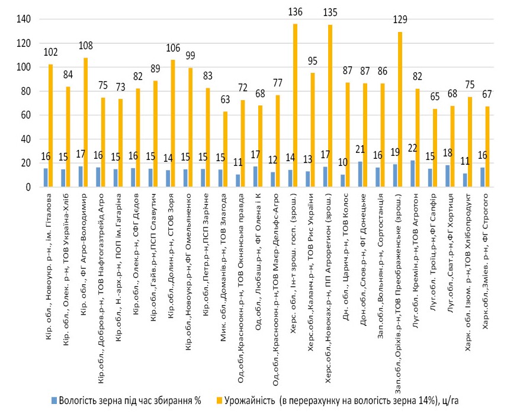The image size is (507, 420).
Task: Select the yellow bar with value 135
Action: pyautogui.click(x=329, y=106)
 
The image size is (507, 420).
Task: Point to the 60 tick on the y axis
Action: pyautogui.click(x=25, y=116)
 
